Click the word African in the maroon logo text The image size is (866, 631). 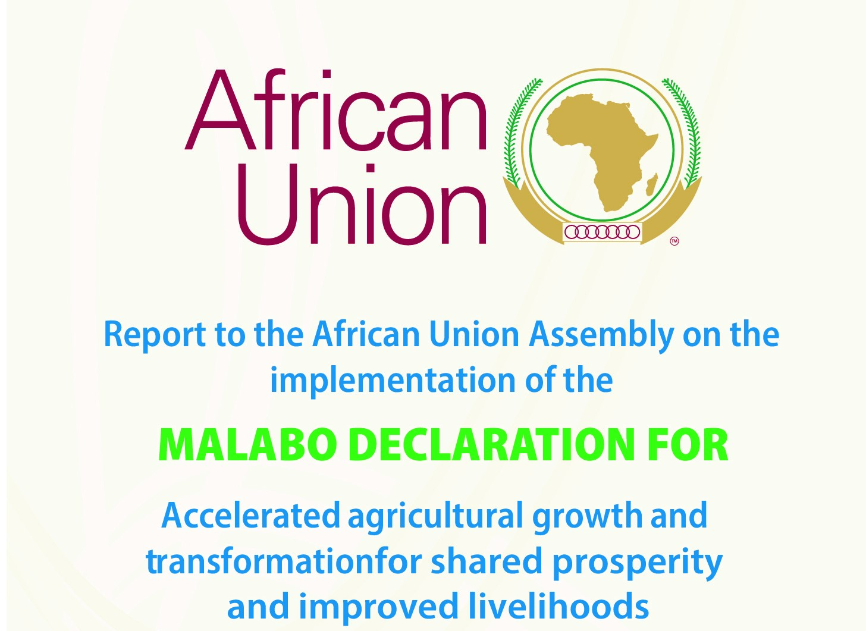pos(335,110)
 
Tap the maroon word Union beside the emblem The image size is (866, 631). pos(361,204)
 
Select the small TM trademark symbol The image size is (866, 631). pos(674,241)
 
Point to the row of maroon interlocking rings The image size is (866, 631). pos(602,231)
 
